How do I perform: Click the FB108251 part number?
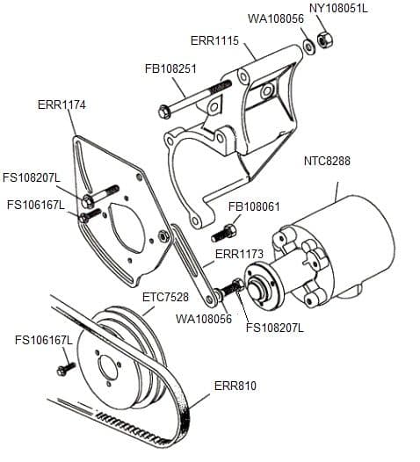pos(170,68)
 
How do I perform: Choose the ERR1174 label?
pos(62,104)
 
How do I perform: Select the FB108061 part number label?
pos(254,207)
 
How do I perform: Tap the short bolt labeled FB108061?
pos(224,234)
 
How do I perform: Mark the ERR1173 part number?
pos(240,255)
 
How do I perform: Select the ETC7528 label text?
pos(167,297)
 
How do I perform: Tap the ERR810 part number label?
pos(235,385)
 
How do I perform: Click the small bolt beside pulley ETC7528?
pos(63,369)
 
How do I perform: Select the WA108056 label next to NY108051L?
pos(276,18)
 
